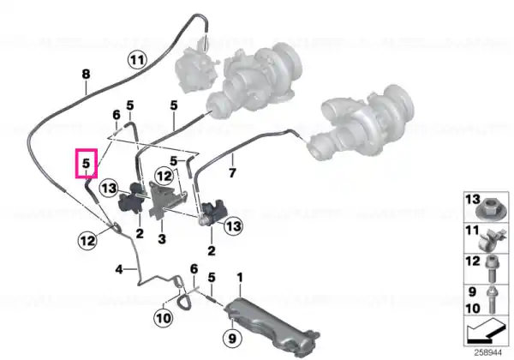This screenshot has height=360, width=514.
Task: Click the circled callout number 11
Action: pyautogui.click(x=137, y=61)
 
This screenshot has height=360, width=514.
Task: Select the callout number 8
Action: pyautogui.click(x=86, y=74)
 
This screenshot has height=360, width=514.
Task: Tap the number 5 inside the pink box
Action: pyautogui.click(x=86, y=163)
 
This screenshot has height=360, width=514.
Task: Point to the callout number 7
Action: pyautogui.click(x=232, y=172)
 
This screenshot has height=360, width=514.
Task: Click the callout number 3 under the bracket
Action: pyautogui.click(x=162, y=239)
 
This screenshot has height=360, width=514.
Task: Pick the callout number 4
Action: pyautogui.click(x=119, y=270)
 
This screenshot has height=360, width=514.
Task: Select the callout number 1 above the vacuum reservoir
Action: pyautogui.click(x=240, y=278)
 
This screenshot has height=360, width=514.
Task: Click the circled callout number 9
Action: pyautogui.click(x=232, y=338)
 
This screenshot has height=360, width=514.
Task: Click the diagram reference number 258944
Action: pyautogui.click(x=487, y=353)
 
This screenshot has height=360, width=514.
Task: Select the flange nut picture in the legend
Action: pyautogui.click(x=487, y=211)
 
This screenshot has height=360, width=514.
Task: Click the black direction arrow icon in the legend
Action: pyautogui.click(x=485, y=332)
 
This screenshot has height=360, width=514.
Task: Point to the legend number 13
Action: pyautogui.click(x=473, y=200)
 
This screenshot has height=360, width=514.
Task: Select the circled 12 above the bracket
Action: pyautogui.click(x=164, y=177)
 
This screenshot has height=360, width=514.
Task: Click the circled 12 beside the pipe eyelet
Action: pyautogui.click(x=87, y=241)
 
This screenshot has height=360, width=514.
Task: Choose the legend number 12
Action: pyautogui.click(x=473, y=261)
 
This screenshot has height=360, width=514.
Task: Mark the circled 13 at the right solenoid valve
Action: pyautogui.click(x=233, y=226)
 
